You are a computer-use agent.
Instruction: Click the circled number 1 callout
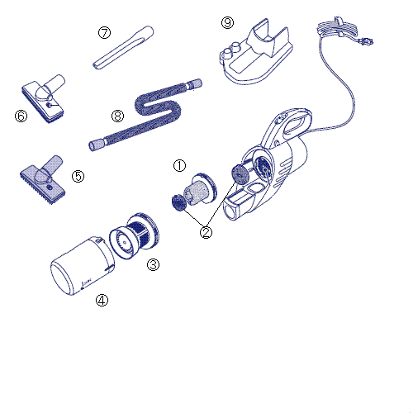[179, 165]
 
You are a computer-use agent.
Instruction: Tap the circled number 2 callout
[206, 232]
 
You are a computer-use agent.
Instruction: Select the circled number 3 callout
[153, 264]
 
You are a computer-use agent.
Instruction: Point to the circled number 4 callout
[102, 300]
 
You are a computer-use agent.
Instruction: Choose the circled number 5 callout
[78, 176]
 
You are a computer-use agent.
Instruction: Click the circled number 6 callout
[21, 116]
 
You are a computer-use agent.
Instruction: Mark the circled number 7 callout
[105, 33]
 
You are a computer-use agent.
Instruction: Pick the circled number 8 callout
[117, 116]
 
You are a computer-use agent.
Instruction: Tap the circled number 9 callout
[228, 22]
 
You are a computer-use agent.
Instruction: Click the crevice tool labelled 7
[123, 48]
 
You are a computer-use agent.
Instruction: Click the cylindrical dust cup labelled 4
[83, 266]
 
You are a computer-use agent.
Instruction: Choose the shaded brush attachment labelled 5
[43, 179]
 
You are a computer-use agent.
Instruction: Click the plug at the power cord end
[366, 42]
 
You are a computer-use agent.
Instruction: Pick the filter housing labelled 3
[134, 235]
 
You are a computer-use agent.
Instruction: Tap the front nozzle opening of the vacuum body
[230, 211]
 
